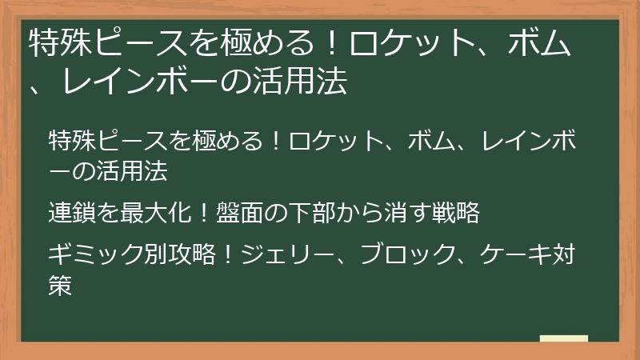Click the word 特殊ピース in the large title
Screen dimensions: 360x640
(x=95, y=45)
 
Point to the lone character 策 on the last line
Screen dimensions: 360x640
(x=61, y=284)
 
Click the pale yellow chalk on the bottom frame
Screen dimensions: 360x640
(x=564, y=338)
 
